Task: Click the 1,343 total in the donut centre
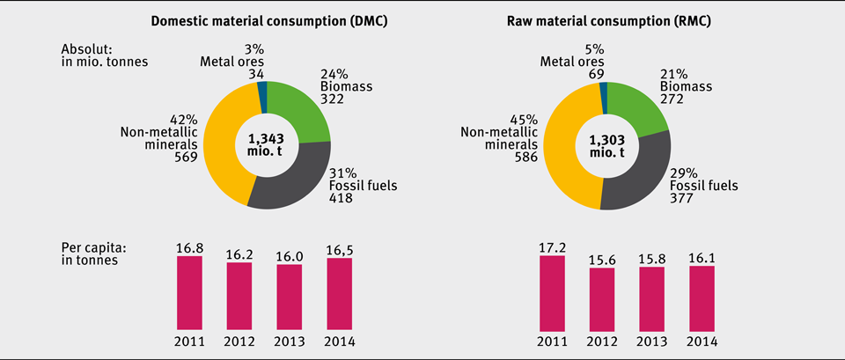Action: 267,138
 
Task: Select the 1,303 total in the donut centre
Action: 604,139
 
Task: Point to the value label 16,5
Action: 340,251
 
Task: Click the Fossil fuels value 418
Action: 340,198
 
